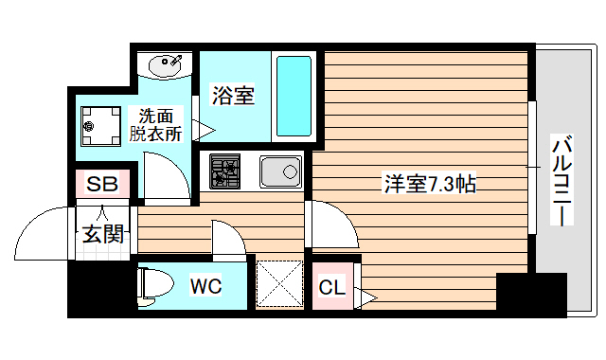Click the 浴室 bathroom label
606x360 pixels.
[232, 96]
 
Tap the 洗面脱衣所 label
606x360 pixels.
[156, 125]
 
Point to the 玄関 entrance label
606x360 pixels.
[101, 232]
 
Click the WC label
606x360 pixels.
[205, 285]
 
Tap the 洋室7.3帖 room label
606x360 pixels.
[429, 184]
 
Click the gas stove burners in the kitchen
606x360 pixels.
[227, 171]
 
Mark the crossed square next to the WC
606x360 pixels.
[280, 284]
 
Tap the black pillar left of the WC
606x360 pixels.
[100, 288]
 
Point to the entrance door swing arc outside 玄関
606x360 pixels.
[43, 232]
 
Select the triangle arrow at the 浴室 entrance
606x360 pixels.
[203, 129]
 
